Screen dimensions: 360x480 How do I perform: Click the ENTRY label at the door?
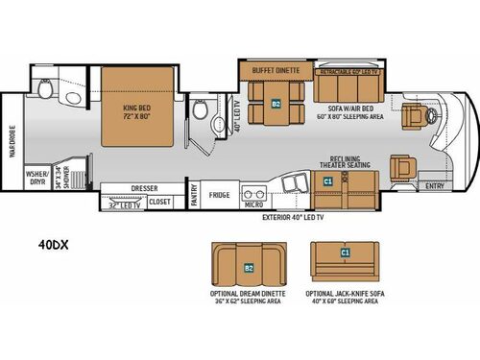click(435, 185)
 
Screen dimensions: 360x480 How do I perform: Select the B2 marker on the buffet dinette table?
click(276, 104)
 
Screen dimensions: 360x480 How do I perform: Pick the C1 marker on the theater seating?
click(327, 180)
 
